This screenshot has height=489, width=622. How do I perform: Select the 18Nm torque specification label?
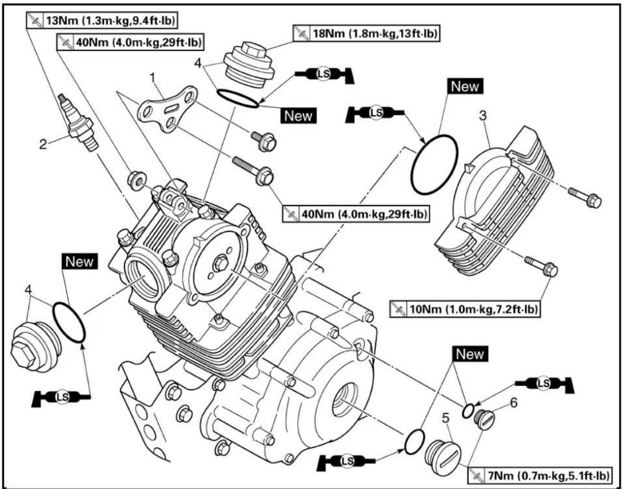click(x=366, y=33)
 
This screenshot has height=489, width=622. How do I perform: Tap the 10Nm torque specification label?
click(x=465, y=309)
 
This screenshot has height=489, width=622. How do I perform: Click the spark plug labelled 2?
click(x=78, y=122)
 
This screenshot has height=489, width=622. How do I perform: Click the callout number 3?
click(x=483, y=116)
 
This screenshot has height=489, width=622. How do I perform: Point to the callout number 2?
click(x=43, y=144)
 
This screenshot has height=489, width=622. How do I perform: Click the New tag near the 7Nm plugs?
click(x=470, y=354)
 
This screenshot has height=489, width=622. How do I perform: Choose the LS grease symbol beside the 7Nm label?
click(x=346, y=461)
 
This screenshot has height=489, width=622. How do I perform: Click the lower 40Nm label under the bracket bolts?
click(x=356, y=214)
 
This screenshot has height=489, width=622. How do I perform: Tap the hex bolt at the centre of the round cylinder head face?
click(x=221, y=264)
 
